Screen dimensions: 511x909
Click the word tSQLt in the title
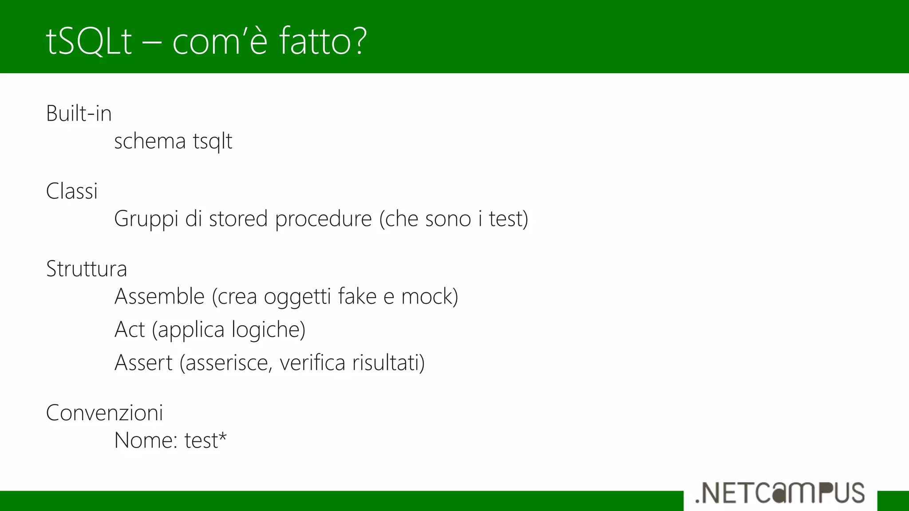(89, 41)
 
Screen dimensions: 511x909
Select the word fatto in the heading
(313, 41)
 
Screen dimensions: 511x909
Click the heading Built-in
(79, 114)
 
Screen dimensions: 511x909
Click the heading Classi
(72, 192)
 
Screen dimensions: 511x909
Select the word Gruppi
(146, 219)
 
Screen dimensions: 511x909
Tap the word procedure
(323, 219)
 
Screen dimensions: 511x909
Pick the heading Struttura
(87, 269)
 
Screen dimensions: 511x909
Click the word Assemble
(159, 296)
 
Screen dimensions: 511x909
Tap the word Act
(130, 330)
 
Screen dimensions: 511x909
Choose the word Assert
(143, 363)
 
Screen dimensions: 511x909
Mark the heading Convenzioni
(105, 413)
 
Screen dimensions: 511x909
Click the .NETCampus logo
(780, 493)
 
